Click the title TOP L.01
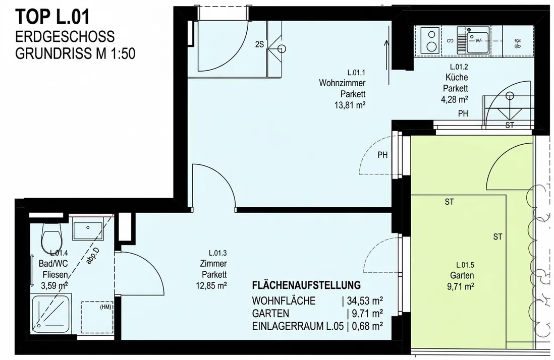pos(52,17)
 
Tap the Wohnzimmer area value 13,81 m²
pos(350,105)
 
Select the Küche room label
pos(457,77)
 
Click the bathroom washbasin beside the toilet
pos(88,228)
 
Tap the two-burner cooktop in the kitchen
pos(431,40)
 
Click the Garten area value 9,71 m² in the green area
pos(460,286)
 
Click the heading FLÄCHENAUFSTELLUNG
pos(306,285)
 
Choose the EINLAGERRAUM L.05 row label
pos(298,326)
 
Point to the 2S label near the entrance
pos(259,44)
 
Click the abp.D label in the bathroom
pos(92,256)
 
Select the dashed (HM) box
pos(97,317)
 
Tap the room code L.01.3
pos(217,253)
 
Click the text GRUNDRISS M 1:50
pos(75,53)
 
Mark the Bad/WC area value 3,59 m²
pos(55,285)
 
